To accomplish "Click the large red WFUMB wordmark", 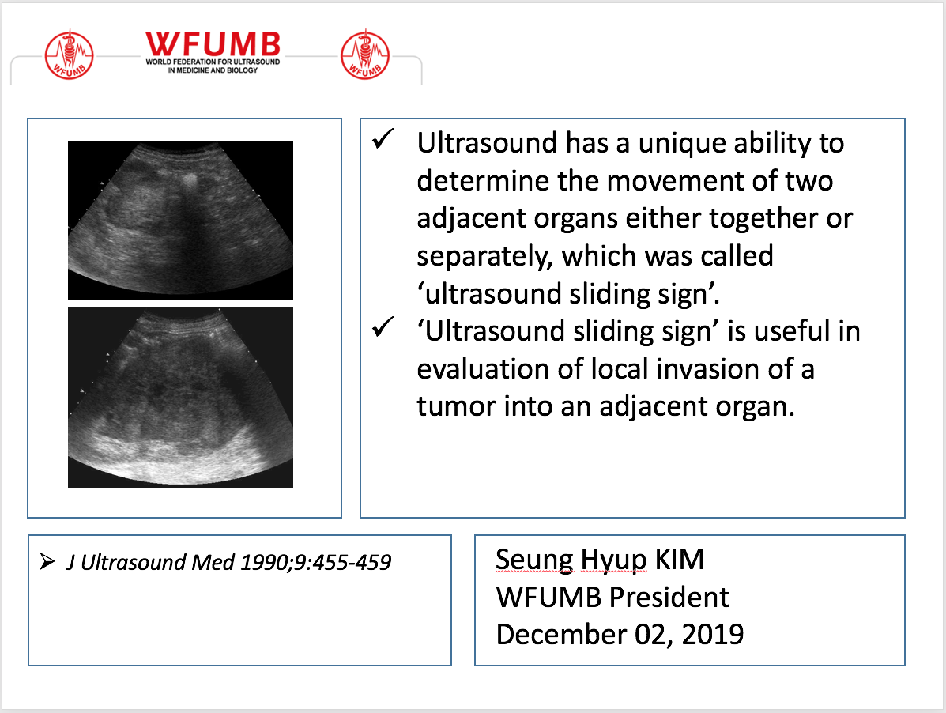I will tap(213, 44).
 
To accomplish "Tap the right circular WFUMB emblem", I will tap(365, 55).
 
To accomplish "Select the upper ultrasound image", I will tap(180, 220).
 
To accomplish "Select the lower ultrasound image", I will tap(180, 397).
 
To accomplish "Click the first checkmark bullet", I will tap(383, 141).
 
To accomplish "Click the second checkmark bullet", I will tap(383, 328).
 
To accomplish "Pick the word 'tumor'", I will tap(454, 406).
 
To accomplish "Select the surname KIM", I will tap(678, 560).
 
